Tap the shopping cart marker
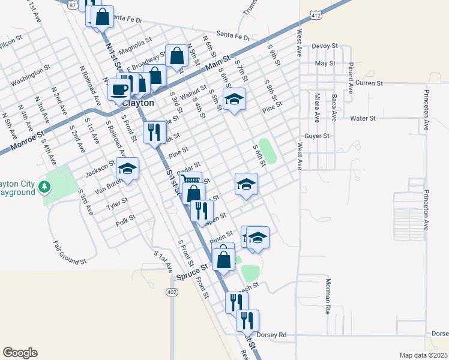(190, 180)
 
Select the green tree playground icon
(44, 188)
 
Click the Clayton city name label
(137, 103)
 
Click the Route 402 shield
(172, 292)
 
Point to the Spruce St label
(193, 277)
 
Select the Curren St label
(369, 83)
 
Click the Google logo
(20, 353)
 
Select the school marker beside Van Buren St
(128, 169)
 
